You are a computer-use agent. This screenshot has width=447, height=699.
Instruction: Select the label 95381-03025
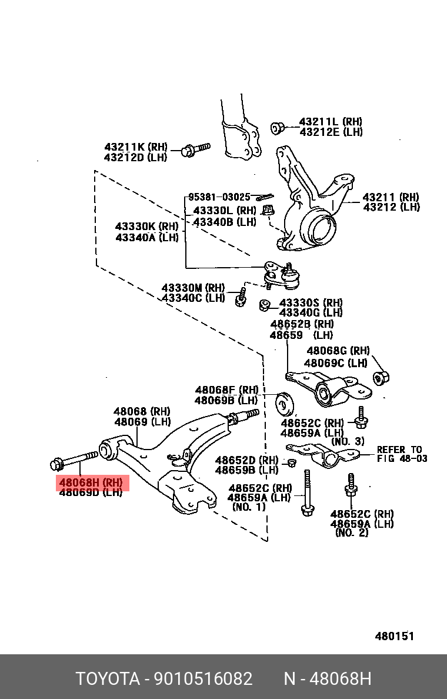[219, 197]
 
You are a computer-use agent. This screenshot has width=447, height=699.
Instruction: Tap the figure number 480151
[395, 636]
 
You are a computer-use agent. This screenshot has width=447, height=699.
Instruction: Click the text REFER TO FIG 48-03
[402, 454]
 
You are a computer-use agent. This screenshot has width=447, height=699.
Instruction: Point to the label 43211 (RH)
[391, 197]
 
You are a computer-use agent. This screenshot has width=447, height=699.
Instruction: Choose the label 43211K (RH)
[136, 147]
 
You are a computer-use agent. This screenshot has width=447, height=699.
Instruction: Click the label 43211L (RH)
[331, 122]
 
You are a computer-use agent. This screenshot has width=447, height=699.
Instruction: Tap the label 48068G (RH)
[338, 351]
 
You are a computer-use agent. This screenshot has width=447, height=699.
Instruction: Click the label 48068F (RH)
[226, 390]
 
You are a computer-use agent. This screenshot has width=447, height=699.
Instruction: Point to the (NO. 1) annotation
[248, 507]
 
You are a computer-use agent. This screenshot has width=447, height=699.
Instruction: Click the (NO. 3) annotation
[348, 441]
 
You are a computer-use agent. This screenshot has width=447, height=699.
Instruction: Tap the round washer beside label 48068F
[285, 402]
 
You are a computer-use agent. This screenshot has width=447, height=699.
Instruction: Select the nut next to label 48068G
[382, 377]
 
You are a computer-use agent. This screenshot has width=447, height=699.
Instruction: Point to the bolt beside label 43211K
[195, 149]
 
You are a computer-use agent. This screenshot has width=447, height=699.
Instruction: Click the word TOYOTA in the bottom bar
[107, 679]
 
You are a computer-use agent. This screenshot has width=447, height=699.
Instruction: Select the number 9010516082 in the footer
[203, 679]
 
